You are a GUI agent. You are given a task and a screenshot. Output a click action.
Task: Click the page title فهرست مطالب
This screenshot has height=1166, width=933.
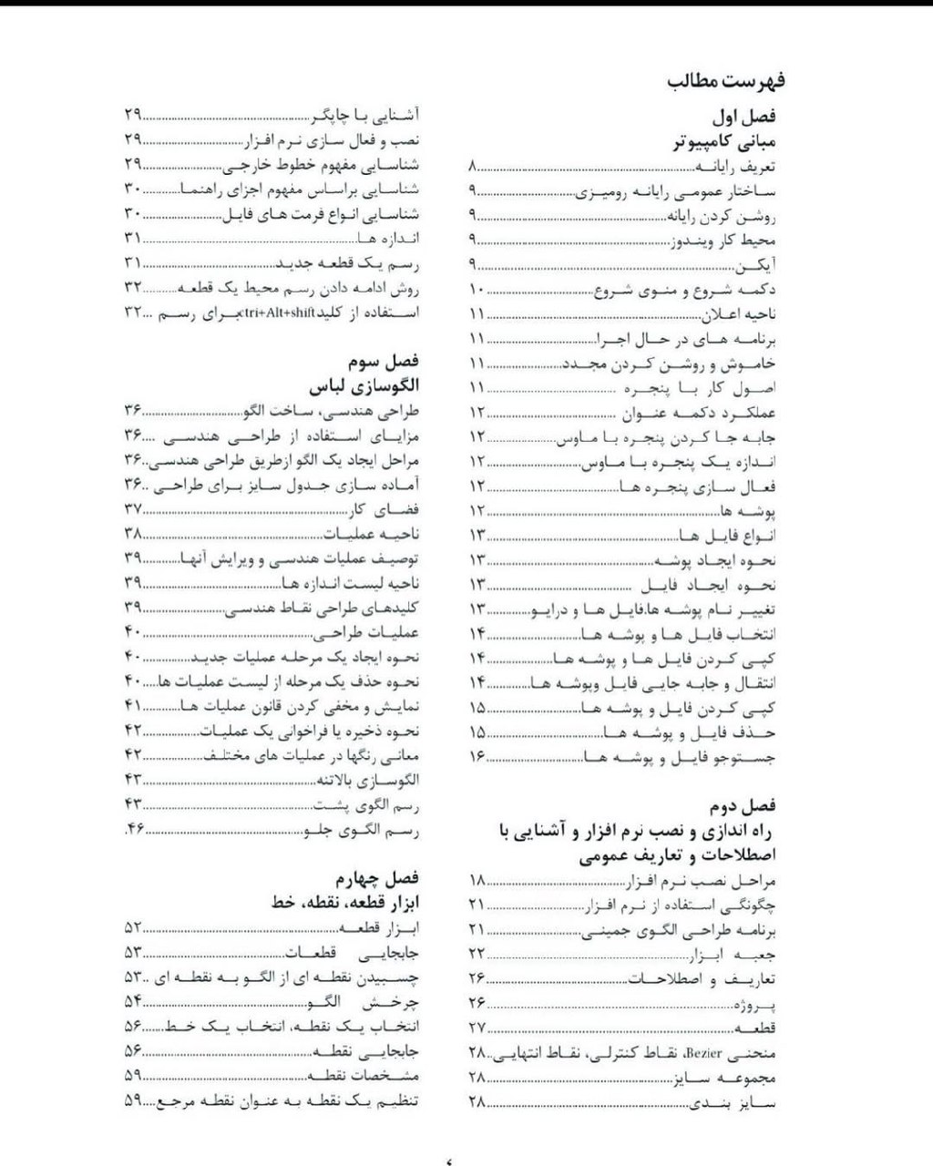click(726, 81)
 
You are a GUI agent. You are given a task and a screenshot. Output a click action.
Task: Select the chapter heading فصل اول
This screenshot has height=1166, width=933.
click(744, 118)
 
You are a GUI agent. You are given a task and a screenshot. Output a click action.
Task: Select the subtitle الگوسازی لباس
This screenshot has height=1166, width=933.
click(364, 386)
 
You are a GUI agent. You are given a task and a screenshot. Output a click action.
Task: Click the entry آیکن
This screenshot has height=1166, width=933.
click(755, 265)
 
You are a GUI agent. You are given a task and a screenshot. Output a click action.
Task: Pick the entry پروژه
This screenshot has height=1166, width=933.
click(755, 1005)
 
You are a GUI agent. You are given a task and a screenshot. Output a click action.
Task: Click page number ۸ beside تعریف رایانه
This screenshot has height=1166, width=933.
click(473, 168)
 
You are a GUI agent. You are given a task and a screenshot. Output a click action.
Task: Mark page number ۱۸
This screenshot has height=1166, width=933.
click(477, 881)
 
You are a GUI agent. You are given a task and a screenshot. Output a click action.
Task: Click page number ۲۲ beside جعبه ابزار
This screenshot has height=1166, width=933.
click(477, 955)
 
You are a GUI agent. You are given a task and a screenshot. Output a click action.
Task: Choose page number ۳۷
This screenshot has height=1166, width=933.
click(133, 508)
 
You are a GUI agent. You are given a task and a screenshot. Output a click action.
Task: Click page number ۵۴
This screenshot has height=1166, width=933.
click(133, 1001)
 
